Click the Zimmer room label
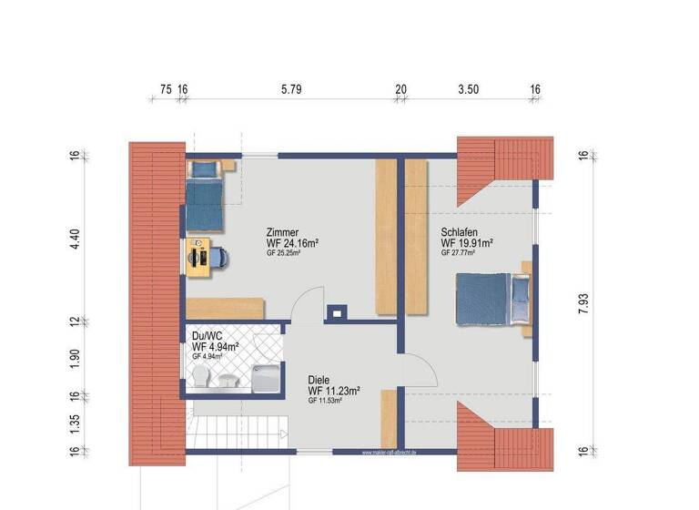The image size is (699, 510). (x=282, y=232)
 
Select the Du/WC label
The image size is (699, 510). (x=206, y=335)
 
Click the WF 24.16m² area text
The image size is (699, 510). (x=291, y=244)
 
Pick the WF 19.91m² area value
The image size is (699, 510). (x=467, y=243)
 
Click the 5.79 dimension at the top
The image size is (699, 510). (x=290, y=89)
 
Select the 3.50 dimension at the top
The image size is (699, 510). (x=468, y=89)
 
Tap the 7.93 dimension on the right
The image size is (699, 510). (x=583, y=305)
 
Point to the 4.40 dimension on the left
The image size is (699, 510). (x=76, y=240)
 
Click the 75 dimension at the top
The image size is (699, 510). (x=166, y=89)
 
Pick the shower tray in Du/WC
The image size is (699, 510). (x=266, y=375)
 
